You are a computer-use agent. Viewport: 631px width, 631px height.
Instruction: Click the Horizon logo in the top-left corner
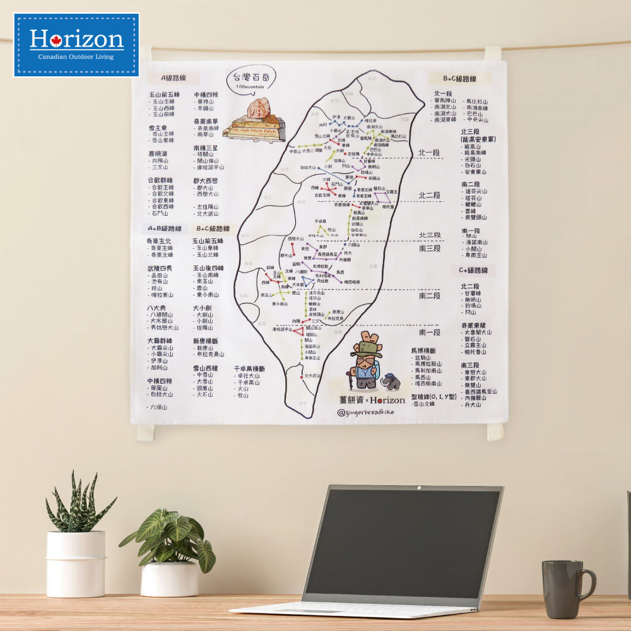(76, 40)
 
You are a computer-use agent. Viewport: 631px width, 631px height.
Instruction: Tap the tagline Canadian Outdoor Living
(76, 57)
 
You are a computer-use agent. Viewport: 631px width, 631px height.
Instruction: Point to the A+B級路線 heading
(165, 228)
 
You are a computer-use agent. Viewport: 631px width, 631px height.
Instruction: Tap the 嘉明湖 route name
(159, 153)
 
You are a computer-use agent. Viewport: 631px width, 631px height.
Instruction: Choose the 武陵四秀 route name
(160, 268)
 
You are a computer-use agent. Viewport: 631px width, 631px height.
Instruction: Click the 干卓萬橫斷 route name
(249, 369)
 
